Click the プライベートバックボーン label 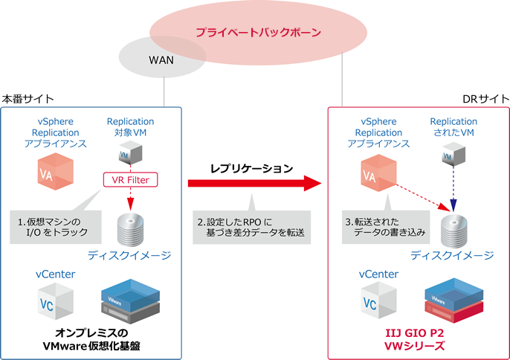click(258, 33)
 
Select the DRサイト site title click(485, 98)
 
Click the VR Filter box click(131, 179)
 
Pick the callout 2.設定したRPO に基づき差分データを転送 click(252, 227)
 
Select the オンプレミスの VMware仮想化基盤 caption click(91, 339)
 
